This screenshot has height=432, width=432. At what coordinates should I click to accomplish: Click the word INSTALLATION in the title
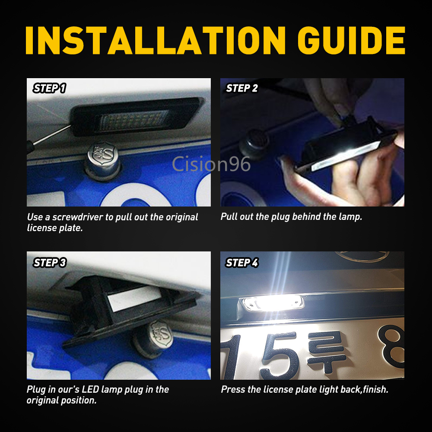(x=156, y=40)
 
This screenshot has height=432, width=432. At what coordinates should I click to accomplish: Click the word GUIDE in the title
(x=351, y=40)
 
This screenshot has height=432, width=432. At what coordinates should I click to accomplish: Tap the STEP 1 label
(x=50, y=88)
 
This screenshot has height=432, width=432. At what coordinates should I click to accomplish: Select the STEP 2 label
(x=242, y=88)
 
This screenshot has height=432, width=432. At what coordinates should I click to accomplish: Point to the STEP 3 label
(x=50, y=263)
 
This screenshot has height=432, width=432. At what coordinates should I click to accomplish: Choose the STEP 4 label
(x=242, y=263)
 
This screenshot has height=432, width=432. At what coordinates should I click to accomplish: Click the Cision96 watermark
(x=211, y=164)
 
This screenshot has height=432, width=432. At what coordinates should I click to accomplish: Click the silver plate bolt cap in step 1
(x=103, y=160)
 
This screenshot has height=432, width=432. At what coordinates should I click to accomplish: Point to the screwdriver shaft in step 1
(x=52, y=135)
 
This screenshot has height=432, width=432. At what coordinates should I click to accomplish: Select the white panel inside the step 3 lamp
(x=134, y=299)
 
